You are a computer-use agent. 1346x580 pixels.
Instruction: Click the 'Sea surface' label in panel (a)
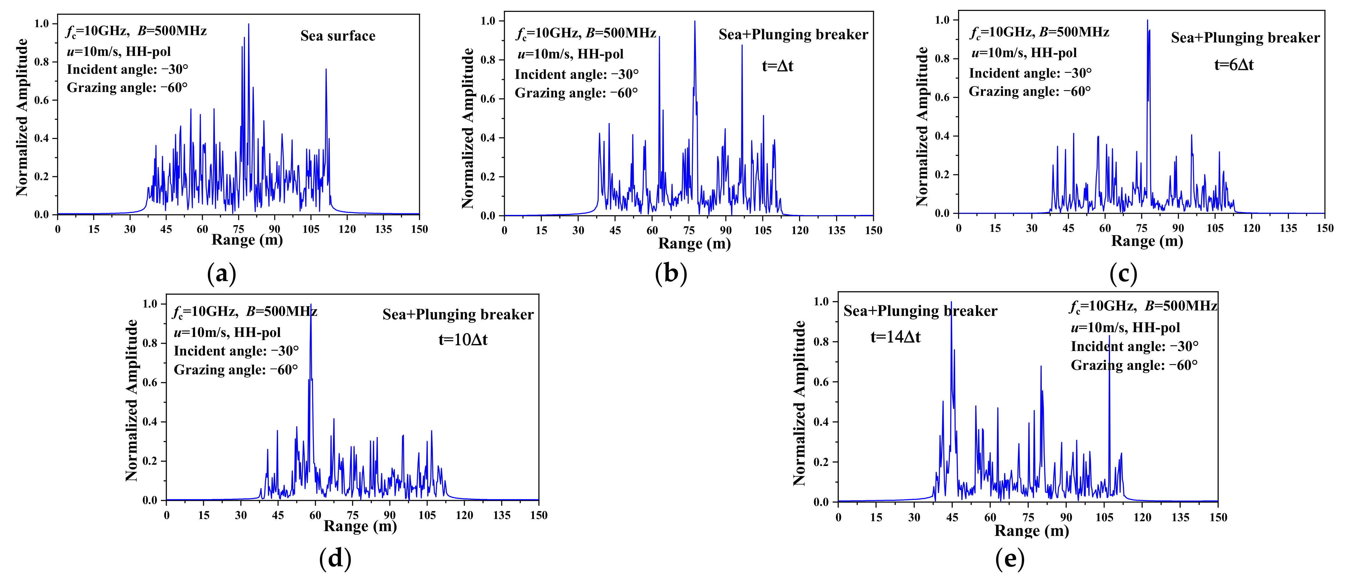point(337,36)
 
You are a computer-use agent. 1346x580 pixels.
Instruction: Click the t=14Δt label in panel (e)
point(895,337)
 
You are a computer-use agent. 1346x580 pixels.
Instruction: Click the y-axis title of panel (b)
point(468,128)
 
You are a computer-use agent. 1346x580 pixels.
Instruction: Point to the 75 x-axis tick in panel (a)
point(238,229)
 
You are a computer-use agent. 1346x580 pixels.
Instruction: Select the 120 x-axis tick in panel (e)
point(1142,517)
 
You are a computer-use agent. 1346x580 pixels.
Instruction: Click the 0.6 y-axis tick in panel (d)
point(150,383)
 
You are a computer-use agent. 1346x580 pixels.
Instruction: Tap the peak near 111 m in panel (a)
point(326,69)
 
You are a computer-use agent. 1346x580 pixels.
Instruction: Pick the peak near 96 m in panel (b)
point(741,45)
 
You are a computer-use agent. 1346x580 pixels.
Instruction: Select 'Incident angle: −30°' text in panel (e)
point(1134,347)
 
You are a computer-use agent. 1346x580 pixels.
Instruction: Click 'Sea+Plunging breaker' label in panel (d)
point(458,315)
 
